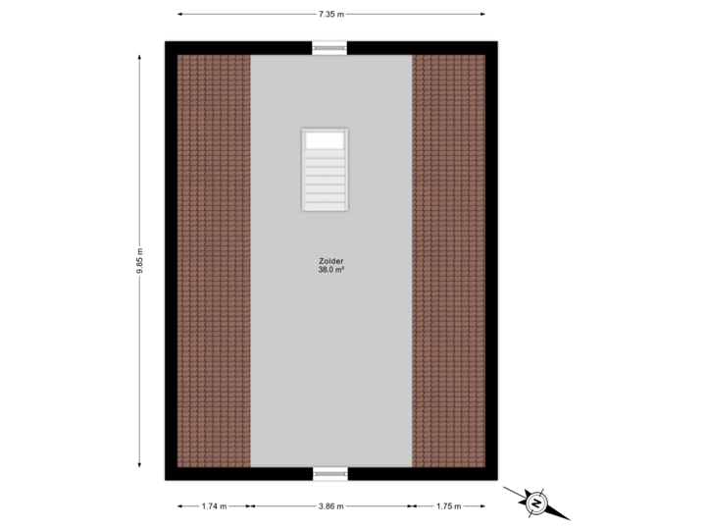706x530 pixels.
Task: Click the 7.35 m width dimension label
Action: point(331,14)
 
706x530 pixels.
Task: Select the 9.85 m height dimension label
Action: point(140,261)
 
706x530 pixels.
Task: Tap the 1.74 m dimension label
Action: point(214,506)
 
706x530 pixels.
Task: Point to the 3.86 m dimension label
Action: point(331,506)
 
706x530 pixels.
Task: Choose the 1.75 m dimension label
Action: point(448,506)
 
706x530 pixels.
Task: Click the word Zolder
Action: point(330,260)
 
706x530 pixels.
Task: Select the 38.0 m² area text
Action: point(330,269)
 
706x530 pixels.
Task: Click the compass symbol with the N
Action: point(535,503)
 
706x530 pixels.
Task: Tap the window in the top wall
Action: point(330,47)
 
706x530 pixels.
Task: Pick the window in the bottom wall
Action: point(330,474)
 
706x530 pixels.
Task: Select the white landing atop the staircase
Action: point(325,140)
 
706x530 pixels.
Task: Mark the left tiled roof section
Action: point(214,260)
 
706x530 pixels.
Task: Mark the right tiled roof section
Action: point(448,260)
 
